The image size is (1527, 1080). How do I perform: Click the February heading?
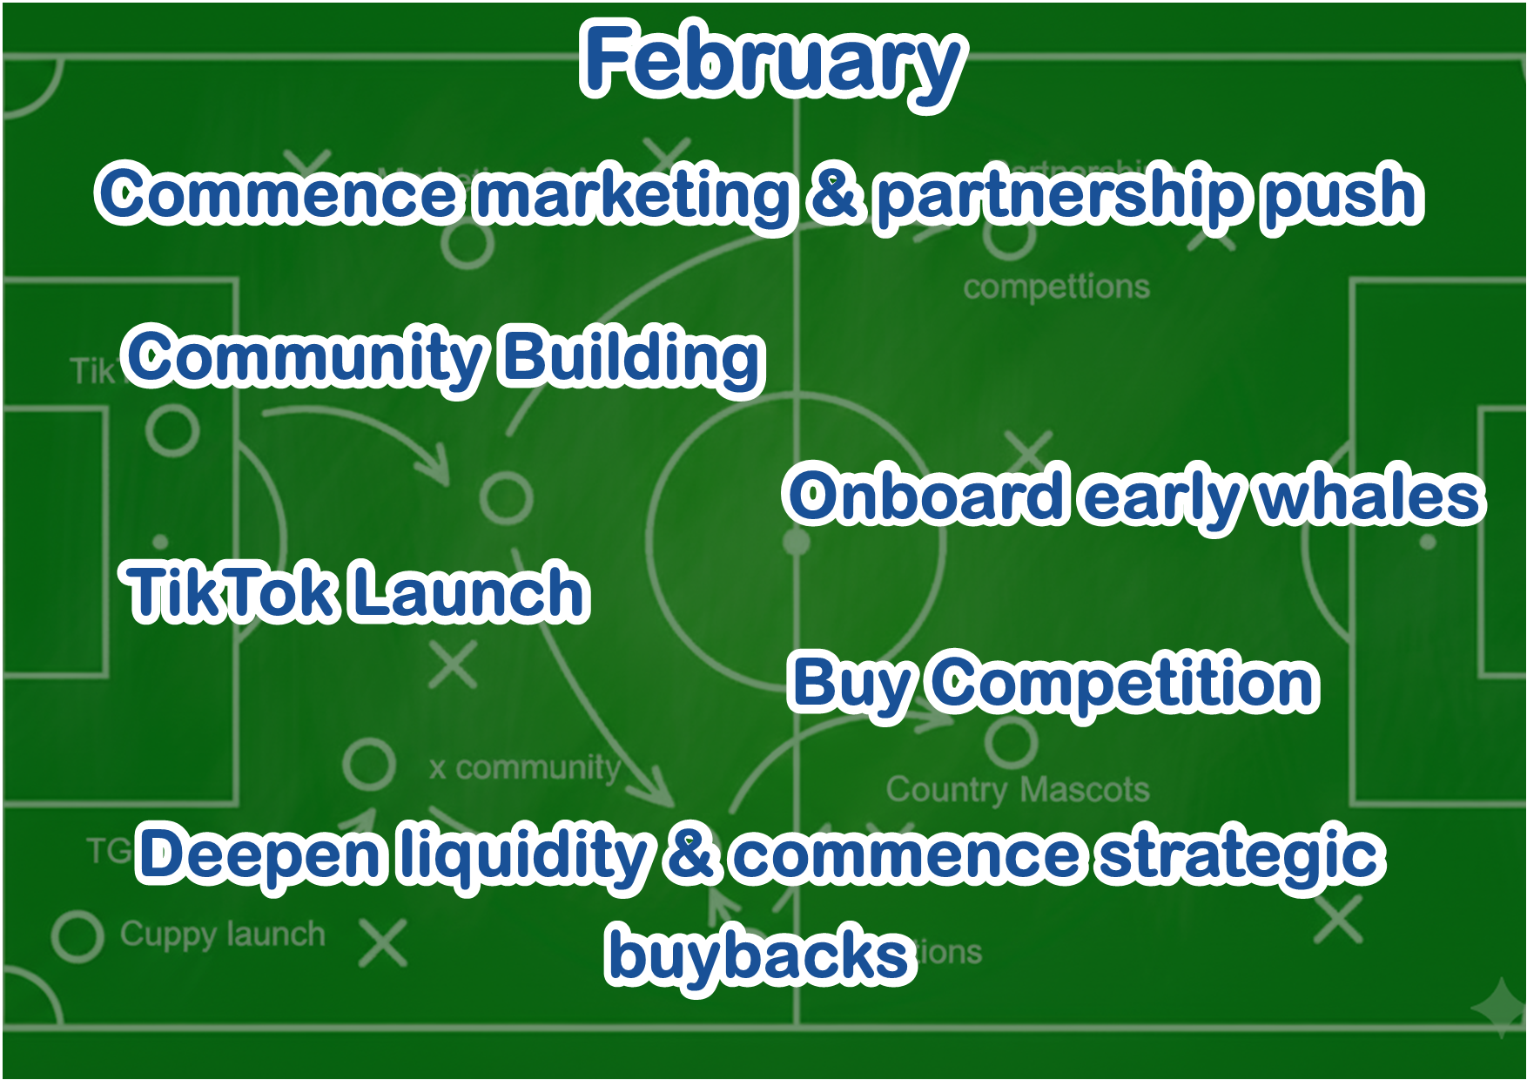[773, 61]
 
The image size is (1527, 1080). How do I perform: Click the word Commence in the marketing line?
[277, 193]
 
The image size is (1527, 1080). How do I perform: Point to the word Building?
[632, 357]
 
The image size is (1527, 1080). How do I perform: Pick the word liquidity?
[522, 855]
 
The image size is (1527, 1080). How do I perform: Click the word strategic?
[1240, 855]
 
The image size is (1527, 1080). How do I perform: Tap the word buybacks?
[759, 955]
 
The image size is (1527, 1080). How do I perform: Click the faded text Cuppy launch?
[222, 935]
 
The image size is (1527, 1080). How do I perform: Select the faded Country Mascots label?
[1017, 790]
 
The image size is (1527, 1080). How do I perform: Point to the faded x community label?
[525, 767]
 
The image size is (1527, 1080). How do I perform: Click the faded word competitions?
[1056, 287]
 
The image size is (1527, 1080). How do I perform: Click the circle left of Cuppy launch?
[77, 936]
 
